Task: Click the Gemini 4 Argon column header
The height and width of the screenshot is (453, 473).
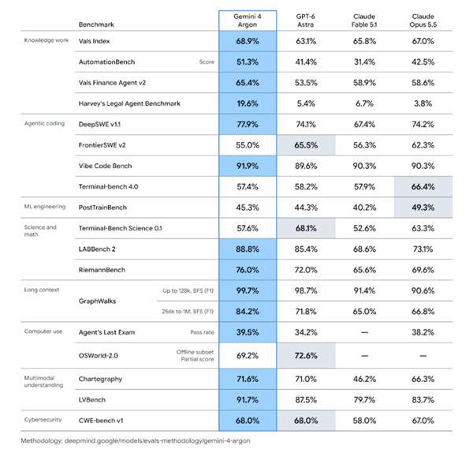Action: tap(248, 21)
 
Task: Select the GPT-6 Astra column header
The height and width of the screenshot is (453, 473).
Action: tap(306, 21)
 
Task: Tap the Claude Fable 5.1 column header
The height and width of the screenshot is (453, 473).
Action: tap(364, 21)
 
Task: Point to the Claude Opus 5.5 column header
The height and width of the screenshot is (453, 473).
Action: tap(423, 21)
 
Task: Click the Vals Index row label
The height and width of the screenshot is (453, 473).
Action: tap(94, 41)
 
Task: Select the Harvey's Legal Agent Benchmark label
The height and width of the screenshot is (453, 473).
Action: tap(129, 103)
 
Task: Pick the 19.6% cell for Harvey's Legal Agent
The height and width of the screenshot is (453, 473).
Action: tap(248, 103)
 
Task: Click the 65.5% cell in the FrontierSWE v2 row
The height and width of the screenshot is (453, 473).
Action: tap(306, 145)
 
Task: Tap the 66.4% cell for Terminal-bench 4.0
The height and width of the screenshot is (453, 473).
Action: tap(423, 186)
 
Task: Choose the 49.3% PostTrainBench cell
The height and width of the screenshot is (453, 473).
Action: tap(423, 208)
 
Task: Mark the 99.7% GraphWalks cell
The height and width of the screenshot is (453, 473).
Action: tap(248, 291)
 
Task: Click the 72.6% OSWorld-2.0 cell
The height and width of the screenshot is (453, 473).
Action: tap(306, 356)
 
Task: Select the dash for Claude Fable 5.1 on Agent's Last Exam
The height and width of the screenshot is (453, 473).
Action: tap(364, 332)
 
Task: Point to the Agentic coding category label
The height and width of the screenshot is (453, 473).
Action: tap(44, 124)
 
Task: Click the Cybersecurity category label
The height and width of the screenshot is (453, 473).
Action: tap(43, 420)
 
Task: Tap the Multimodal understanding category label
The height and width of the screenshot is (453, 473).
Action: tap(43, 381)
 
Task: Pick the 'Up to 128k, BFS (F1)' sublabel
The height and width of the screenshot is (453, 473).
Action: tap(188, 291)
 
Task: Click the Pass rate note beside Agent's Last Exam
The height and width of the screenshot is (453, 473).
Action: tap(202, 332)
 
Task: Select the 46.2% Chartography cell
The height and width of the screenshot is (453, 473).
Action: tap(364, 379)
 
